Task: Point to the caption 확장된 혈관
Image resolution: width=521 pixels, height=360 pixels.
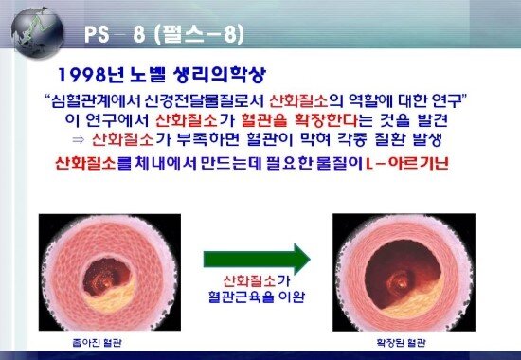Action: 389,339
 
